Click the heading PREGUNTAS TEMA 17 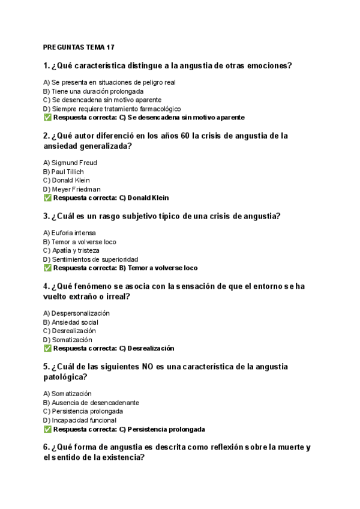point(79,47)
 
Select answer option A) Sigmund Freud point(70,163)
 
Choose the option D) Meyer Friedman point(72,189)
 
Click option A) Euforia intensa point(70,233)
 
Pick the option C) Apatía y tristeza point(71,250)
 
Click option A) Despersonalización point(77,313)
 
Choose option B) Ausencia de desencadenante point(91,403)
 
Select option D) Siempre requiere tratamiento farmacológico point(112,109)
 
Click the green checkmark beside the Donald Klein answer point(47,197)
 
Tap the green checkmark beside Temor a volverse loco point(47,268)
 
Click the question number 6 point(46,447)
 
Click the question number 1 point(46,65)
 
